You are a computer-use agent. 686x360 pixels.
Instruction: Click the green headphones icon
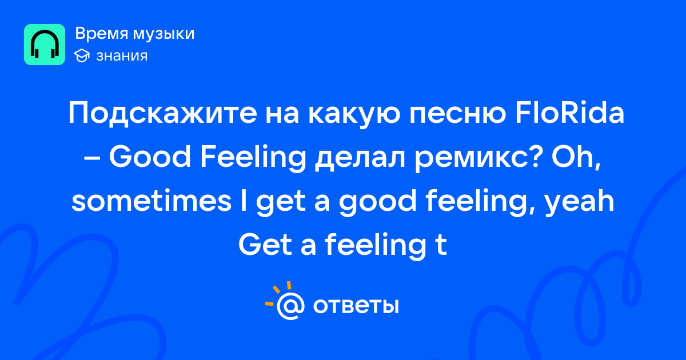[x=45, y=45]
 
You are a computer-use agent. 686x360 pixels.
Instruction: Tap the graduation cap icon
[x=82, y=56]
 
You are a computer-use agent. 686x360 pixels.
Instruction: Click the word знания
[x=122, y=56]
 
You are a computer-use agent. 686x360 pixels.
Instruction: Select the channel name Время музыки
[x=135, y=34]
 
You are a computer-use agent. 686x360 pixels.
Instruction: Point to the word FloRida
[x=569, y=113]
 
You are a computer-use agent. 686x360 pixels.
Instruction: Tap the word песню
[x=458, y=114]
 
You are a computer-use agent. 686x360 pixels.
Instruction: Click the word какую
[x=354, y=115]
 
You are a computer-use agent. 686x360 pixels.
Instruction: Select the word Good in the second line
[x=150, y=157]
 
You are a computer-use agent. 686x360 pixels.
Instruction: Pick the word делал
[x=360, y=159]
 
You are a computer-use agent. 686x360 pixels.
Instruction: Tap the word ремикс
[x=477, y=159]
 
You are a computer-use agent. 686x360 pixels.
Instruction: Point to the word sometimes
[x=151, y=201]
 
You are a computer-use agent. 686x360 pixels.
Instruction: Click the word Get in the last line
[x=265, y=245]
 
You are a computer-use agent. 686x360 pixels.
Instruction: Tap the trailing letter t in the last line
[x=441, y=246]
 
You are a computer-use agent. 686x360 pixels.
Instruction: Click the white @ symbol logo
[x=290, y=306]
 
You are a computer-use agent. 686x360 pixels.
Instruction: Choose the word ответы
[x=356, y=306]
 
